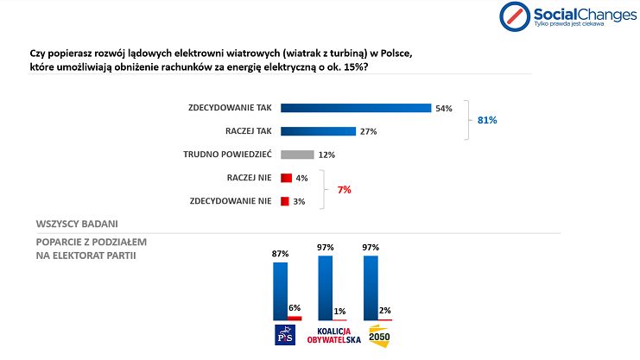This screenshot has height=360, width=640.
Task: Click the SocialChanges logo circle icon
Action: click(516, 15)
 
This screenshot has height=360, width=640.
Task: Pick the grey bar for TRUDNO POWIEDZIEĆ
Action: click(296, 155)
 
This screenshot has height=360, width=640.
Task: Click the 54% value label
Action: click(444, 109)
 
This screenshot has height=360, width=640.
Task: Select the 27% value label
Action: click(369, 132)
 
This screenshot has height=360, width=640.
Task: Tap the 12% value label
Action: click(326, 155)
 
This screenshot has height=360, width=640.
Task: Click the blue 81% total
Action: click(487, 120)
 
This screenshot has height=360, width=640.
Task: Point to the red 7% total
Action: click(344, 189)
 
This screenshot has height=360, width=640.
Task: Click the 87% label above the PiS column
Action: click(280, 254)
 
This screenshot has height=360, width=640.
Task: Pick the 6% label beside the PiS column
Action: click(294, 308)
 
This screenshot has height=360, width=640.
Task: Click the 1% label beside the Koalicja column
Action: click(341, 311)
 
